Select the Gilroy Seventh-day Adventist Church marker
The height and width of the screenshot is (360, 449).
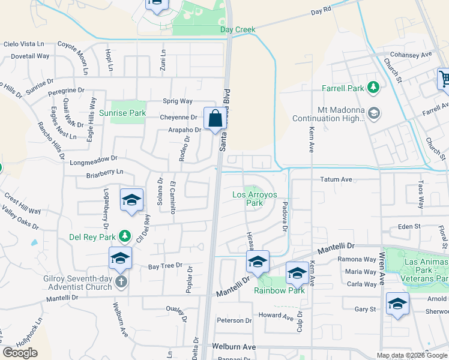(x=121, y=282)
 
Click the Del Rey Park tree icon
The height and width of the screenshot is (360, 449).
(x=124, y=236)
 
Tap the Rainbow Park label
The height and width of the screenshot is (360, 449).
(x=279, y=290)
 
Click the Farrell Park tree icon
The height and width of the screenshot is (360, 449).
(x=374, y=88)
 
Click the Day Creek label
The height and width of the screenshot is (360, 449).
(x=238, y=29)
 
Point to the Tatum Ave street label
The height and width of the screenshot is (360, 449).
(x=337, y=179)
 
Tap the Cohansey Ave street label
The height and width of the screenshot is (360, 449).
(x=411, y=55)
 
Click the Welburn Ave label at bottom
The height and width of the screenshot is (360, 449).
(x=234, y=347)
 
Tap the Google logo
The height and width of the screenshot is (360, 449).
(x=20, y=353)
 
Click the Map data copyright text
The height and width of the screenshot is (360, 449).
(x=412, y=355)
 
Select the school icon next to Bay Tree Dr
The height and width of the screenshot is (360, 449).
(x=120, y=259)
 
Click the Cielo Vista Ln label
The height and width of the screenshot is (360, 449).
(x=24, y=44)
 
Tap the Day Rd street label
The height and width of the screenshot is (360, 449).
(x=321, y=11)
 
